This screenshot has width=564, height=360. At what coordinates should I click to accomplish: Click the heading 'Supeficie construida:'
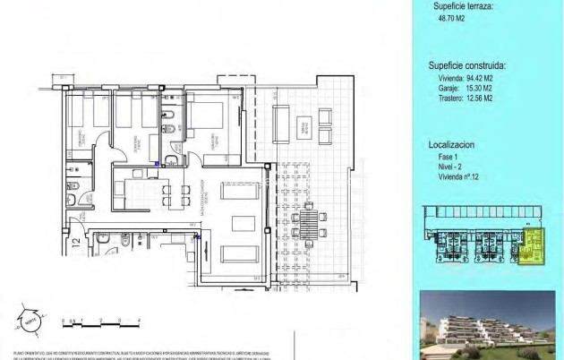click(467, 65)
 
